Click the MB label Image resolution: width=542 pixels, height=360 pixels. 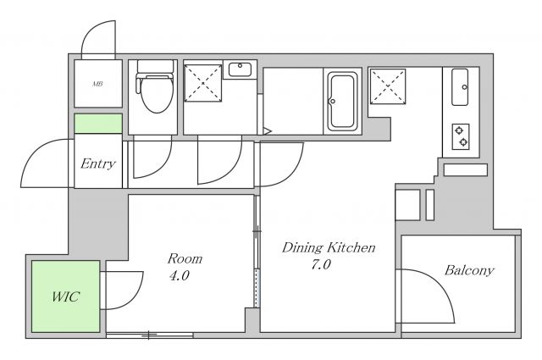pyautogui.click(x=98, y=84)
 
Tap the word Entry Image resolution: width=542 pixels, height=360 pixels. pyautogui.click(x=98, y=163)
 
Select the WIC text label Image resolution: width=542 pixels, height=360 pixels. pyautogui.click(x=66, y=296)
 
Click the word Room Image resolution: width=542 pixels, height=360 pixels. pyautogui.click(x=185, y=258)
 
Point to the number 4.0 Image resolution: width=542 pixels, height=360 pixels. pyautogui.click(x=179, y=275)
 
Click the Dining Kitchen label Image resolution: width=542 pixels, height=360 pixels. pyautogui.click(x=329, y=247)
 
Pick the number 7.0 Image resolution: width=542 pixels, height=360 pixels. pyautogui.click(x=321, y=264)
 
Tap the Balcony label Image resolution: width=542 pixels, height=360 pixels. pyautogui.click(x=469, y=270)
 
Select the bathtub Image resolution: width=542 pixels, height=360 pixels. pyautogui.click(x=342, y=101)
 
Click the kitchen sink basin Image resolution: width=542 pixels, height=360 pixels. pyautogui.click(x=460, y=87)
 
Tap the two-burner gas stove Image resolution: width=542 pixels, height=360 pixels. pyautogui.click(x=461, y=136)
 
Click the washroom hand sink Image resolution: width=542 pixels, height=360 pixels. pyautogui.click(x=240, y=69)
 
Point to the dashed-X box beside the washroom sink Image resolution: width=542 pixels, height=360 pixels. pyautogui.click(x=203, y=83)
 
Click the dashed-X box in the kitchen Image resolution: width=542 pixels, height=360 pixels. pyautogui.click(x=388, y=86)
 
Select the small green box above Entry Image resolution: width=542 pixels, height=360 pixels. pyautogui.click(x=98, y=124)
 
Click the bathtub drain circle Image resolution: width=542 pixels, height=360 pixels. pyautogui.click(x=333, y=102)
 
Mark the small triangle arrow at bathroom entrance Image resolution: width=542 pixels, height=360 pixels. pyautogui.click(x=268, y=131)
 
